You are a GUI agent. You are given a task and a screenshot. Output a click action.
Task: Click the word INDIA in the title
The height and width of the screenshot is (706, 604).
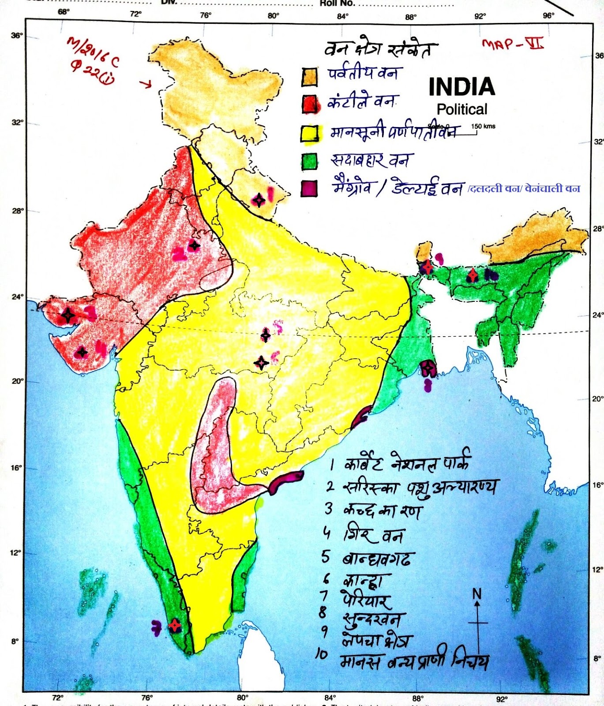pos(461,87)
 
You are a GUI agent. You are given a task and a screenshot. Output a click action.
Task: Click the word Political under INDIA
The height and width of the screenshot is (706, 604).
pos(461,109)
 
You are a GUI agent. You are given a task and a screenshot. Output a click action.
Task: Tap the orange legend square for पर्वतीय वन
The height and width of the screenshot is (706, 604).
pos(309,77)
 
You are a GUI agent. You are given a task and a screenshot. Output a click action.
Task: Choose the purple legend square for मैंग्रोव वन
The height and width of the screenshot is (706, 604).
pos(309,188)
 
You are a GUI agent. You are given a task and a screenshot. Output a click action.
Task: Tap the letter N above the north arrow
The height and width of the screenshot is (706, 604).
pos(477,594)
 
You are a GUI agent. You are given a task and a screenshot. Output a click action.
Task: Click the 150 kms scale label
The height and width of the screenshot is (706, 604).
pos(483,126)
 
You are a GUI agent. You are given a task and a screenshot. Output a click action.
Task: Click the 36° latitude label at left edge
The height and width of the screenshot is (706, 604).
pos(17,35)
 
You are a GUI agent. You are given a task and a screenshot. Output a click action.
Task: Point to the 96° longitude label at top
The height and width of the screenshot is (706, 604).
pos(548,15)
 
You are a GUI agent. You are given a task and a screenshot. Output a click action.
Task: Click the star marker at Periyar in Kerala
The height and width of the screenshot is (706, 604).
pos(175,625)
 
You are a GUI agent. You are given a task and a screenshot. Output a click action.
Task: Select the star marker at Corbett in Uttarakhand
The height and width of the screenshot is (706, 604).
pos(259,200)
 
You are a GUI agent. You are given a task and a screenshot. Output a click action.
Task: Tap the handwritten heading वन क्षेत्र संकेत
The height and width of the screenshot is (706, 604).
pos(380,49)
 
